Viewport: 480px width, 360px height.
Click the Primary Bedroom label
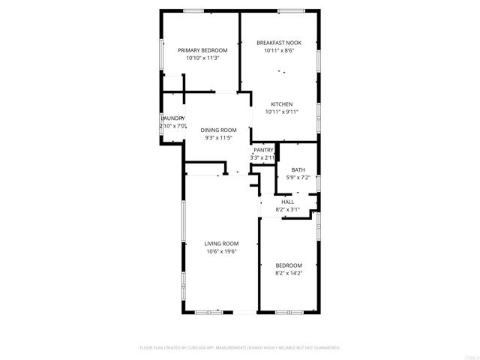[202, 50]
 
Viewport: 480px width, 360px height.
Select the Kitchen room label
[281, 104]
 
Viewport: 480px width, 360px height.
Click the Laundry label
[173, 118]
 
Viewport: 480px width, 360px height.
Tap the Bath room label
[298, 170]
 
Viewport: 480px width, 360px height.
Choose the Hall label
[288, 202]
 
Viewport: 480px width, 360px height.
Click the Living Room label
[222, 244]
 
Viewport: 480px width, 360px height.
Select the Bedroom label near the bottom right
[289, 265]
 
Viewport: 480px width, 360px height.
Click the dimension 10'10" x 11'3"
[202, 58]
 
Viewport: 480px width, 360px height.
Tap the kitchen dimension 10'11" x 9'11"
[282, 112]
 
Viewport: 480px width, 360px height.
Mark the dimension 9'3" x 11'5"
[218, 138]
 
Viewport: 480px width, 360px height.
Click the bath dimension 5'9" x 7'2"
[298, 178]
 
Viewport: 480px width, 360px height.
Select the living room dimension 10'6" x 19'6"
[222, 251]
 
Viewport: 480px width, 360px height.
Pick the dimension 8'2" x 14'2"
[289, 273]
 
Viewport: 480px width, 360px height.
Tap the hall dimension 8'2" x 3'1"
[288, 210]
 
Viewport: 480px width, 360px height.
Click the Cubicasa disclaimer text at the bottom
[240, 348]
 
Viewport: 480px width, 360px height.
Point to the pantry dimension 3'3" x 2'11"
[263, 157]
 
